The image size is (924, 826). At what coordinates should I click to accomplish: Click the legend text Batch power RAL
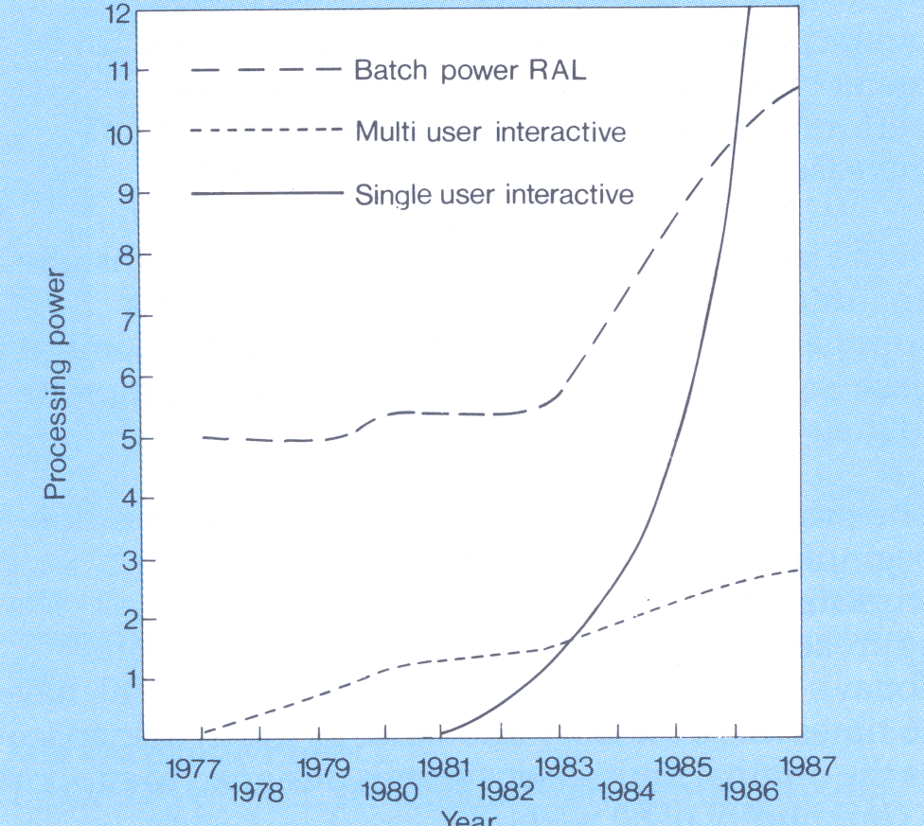point(471,71)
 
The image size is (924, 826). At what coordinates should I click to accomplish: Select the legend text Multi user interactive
point(490,132)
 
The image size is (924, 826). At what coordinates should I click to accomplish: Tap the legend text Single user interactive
point(494,195)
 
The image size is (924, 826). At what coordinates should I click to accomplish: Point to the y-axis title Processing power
point(57,383)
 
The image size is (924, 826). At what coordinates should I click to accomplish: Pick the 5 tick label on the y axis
point(122,439)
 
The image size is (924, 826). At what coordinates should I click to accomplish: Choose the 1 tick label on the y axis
point(123,679)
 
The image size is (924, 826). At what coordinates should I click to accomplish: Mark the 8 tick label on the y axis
point(122,255)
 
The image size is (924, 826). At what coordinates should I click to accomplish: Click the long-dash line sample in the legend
point(265,71)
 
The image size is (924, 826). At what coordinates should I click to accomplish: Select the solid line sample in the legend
point(265,194)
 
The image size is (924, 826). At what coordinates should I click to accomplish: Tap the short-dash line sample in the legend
point(265,132)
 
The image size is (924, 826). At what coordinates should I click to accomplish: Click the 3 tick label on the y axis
point(122,561)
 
